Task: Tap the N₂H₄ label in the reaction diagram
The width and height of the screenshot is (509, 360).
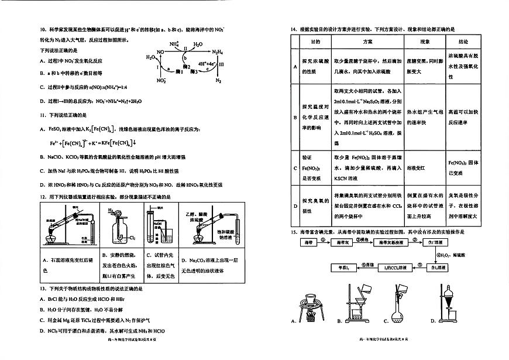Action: click(x=218, y=52)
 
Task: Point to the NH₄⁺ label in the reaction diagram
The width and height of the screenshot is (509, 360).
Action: click(x=174, y=44)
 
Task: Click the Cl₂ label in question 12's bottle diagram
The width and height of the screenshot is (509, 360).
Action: click(x=132, y=238)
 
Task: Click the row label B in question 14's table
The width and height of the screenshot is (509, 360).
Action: click(x=295, y=116)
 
